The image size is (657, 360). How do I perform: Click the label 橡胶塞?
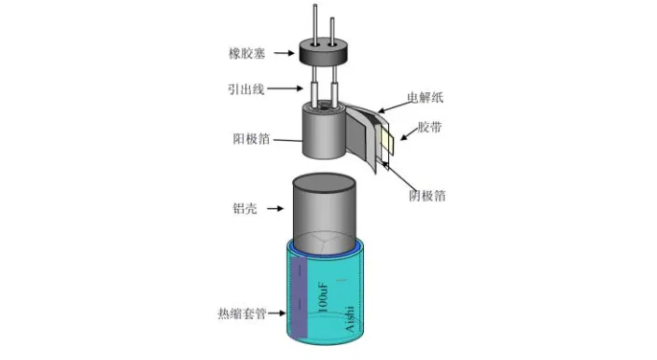246,53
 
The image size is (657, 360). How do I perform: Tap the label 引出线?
246,89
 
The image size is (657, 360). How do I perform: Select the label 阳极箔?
251,139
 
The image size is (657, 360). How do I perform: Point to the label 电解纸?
426,98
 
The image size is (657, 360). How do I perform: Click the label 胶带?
429,127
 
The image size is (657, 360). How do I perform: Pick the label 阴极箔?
427,196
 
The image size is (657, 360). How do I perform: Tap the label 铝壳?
245,208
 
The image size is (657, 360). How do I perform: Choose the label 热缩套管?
243,313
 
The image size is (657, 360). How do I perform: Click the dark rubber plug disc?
324,52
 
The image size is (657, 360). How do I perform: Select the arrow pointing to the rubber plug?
284,53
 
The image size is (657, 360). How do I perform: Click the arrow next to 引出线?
285,89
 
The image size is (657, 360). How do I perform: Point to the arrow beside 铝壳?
275,208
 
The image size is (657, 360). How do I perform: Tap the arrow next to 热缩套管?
276,312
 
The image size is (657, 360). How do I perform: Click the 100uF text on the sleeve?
323,298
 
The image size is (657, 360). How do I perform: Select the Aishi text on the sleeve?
349,319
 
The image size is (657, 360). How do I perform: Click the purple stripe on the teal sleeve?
300,298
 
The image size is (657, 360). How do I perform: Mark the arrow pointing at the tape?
410,133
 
